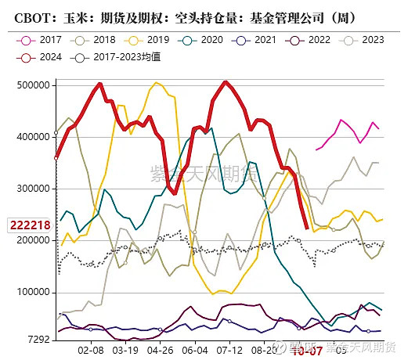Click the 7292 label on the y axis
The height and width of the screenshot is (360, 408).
[40, 340]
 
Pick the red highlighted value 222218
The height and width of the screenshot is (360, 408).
[30, 225]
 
